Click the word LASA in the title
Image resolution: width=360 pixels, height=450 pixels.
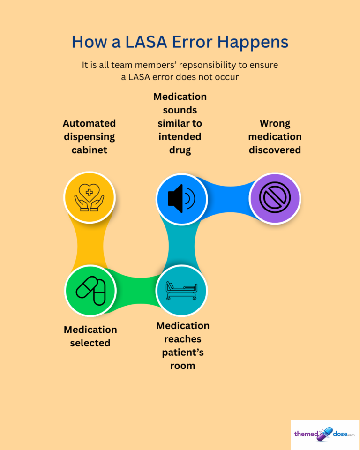146,42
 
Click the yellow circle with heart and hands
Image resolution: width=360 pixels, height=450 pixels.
90,197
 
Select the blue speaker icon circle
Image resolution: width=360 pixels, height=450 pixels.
182,199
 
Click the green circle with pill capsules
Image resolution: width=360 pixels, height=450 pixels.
90,291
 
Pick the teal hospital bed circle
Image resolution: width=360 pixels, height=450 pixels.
181,290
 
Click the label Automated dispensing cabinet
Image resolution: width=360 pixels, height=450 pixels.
89,136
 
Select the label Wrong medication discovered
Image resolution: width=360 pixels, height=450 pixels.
275,136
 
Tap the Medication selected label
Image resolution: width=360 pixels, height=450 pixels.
90,336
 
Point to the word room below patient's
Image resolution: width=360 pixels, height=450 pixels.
183,366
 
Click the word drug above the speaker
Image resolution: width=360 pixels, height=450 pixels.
180,150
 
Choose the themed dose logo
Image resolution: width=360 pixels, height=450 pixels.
325,434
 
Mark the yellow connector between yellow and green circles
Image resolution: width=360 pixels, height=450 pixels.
90,246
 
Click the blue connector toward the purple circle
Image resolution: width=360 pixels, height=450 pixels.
229,197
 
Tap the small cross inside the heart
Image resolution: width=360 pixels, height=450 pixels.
89,192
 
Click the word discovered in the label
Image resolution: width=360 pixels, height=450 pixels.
275,150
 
